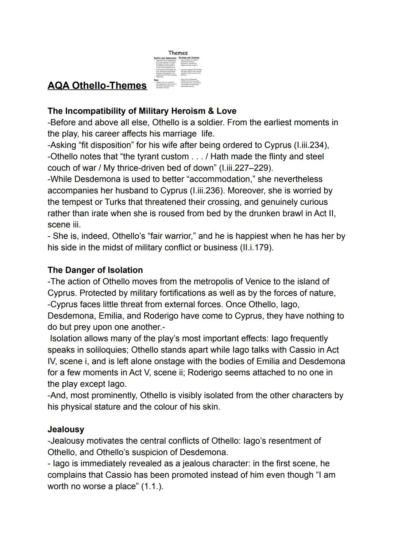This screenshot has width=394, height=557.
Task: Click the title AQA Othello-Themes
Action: pos(97,85)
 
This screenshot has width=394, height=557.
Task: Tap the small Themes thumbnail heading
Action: pos(178,53)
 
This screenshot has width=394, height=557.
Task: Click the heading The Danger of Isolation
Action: pos(95,270)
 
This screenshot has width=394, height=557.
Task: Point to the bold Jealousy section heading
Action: pos(66,430)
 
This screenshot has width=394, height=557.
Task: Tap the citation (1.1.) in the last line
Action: pos(152,487)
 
